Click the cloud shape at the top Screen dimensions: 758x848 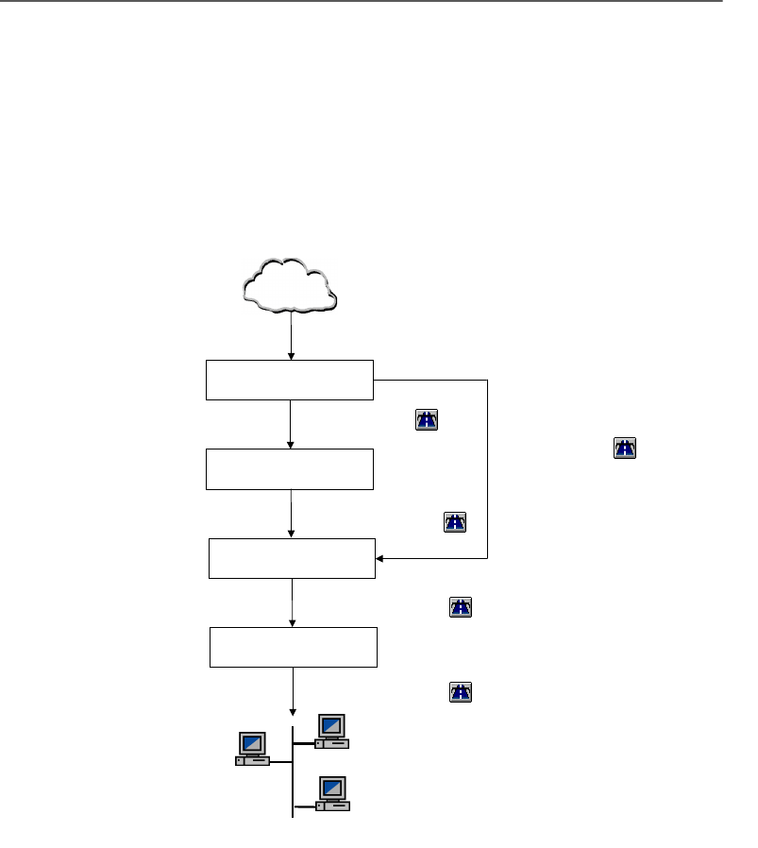(290, 284)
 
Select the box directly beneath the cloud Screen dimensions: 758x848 (290, 380)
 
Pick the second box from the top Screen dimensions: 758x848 (290, 469)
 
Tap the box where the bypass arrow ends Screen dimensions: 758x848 (292, 558)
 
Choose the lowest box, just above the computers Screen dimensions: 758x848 (294, 647)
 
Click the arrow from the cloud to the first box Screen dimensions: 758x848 (291, 338)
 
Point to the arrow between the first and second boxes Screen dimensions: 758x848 (291, 424)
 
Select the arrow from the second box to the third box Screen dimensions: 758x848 (292, 514)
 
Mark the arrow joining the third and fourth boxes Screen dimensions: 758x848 (293, 602)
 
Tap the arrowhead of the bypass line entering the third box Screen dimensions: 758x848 (381, 558)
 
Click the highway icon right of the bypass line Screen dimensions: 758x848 (625, 449)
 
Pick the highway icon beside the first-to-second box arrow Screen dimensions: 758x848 (427, 422)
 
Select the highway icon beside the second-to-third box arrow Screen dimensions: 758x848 (456, 521)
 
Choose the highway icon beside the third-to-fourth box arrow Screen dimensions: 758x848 (459, 607)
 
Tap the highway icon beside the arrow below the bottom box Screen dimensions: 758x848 (459, 692)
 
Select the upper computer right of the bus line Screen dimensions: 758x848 (332, 732)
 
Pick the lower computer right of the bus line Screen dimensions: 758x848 (332, 793)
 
